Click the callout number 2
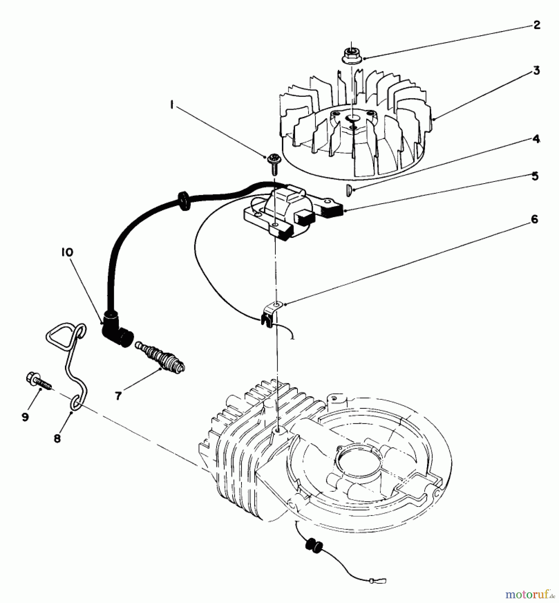(537, 25)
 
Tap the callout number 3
(537, 71)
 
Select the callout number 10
(67, 252)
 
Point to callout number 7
(118, 396)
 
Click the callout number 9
(25, 417)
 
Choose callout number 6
(534, 219)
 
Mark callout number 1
(172, 105)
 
